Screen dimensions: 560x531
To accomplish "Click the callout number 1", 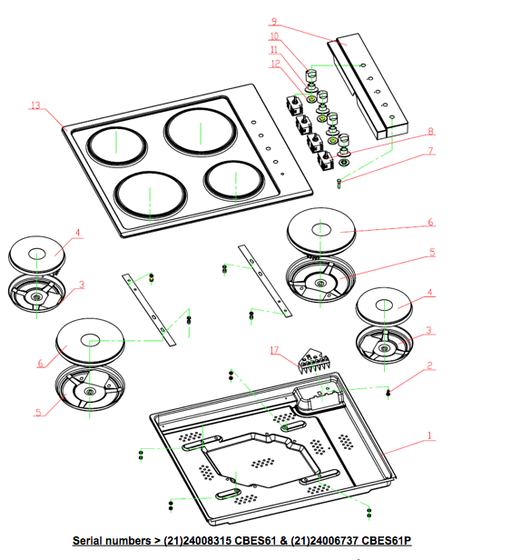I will [430, 435].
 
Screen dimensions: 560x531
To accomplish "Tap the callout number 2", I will [430, 365].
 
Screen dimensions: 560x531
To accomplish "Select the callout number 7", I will [431, 151].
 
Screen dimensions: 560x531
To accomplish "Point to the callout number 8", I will [431, 131].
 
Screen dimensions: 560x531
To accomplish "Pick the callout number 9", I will [273, 22].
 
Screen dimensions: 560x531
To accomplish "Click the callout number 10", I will [273, 37].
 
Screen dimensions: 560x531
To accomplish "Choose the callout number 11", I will [273, 50].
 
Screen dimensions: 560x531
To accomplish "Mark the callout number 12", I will [273, 64].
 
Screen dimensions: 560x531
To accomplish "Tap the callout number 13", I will [35, 106].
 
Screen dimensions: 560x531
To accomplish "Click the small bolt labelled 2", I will [388, 392].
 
